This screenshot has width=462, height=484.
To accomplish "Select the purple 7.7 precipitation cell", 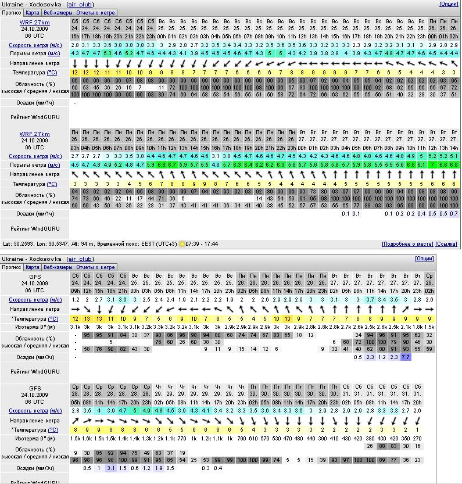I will (x=406, y=357).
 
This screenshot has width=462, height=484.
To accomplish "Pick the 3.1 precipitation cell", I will (x=111, y=468).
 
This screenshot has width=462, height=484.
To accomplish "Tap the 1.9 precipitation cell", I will (x=159, y=468).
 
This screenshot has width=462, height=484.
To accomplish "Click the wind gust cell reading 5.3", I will (x=108, y=53).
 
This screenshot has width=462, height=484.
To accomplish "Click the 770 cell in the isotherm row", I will (x=182, y=438).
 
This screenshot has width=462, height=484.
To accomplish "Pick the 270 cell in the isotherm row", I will (x=418, y=438).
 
